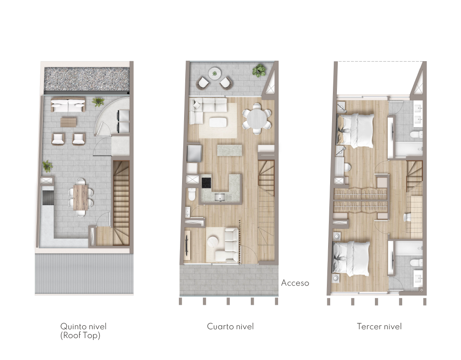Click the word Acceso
[295, 283]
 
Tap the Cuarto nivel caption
[230, 326]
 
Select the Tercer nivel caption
[379, 326]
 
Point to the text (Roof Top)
[80, 335]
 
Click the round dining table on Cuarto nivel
[257, 119]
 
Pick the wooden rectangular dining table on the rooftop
[80, 197]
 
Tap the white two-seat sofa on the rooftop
[68, 105]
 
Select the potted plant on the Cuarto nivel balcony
[259, 70]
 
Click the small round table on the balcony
[214, 73]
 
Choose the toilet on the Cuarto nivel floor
[192, 194]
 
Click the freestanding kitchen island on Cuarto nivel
[230, 150]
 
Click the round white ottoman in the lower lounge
[212, 242]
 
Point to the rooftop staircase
[121, 203]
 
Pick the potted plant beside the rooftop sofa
[98, 102]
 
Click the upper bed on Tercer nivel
[355, 130]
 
